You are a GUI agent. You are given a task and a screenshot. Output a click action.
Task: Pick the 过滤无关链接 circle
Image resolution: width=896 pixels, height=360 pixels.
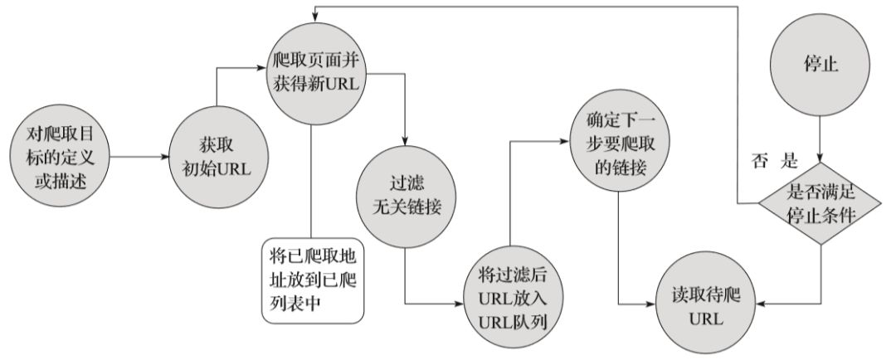(407, 198)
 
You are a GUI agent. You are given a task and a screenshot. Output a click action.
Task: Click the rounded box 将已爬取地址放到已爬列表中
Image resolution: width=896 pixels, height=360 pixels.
(313, 280)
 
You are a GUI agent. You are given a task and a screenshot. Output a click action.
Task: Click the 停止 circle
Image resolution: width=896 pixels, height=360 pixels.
(820, 66)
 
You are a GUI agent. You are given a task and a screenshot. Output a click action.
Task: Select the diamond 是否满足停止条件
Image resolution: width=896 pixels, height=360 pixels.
(821, 203)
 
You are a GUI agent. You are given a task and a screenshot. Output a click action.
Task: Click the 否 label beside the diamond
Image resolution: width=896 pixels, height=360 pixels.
(759, 162)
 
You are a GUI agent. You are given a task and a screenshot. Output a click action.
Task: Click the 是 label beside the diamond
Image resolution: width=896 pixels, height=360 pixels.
(789, 162)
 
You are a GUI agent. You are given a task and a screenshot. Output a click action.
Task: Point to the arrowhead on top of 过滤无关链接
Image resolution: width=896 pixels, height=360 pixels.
(406, 145)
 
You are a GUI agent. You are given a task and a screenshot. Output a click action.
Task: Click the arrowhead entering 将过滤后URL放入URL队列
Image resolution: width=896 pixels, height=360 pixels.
(460, 304)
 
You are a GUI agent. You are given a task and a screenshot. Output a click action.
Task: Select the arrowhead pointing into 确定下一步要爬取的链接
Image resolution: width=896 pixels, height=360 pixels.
(567, 140)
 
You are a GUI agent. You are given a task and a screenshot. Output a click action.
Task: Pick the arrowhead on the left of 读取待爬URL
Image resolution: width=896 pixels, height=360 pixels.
(651, 304)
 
